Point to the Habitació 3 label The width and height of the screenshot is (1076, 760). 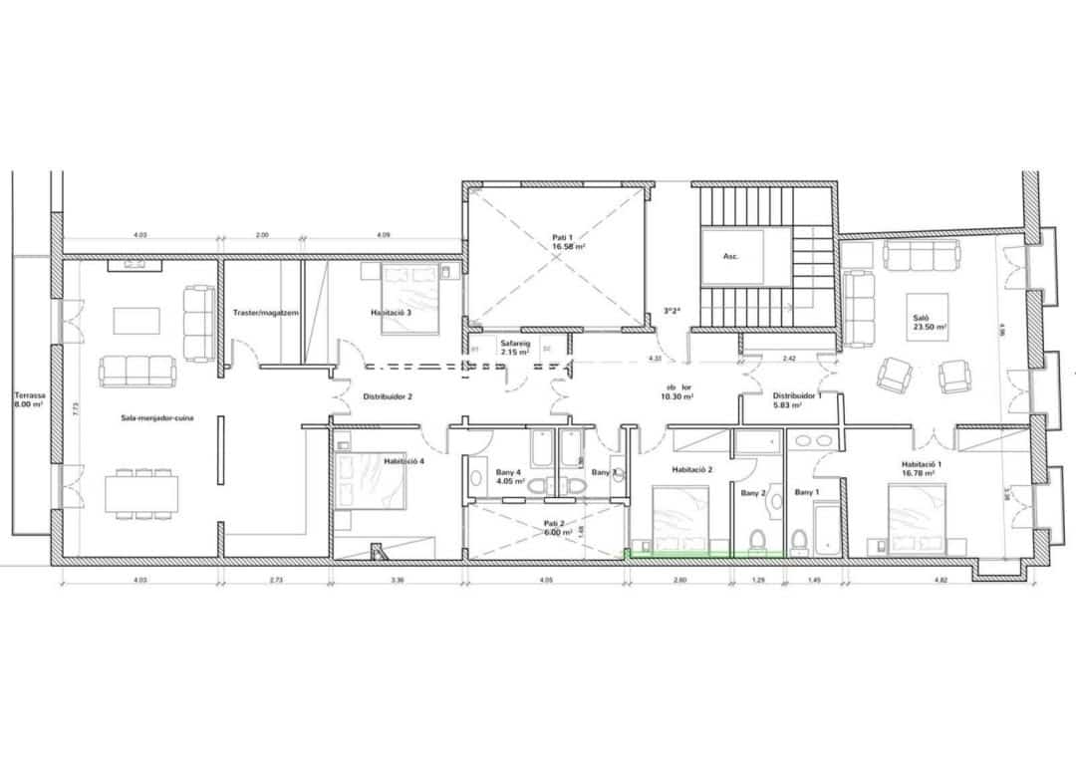click(392, 313)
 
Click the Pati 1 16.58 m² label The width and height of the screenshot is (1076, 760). click(564, 241)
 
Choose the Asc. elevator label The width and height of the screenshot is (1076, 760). click(730, 256)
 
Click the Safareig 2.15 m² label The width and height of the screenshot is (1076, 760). click(515, 348)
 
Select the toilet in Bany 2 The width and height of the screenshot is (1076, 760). click(757, 540)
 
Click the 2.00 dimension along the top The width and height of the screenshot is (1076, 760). click(262, 235)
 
